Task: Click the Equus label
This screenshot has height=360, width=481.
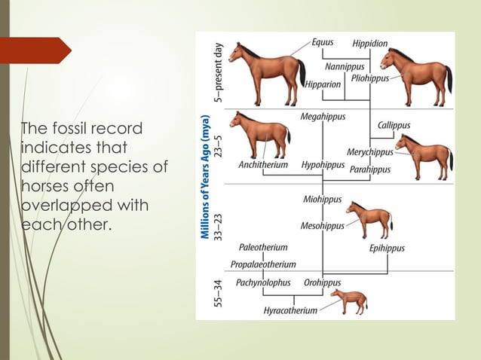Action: (x=323, y=42)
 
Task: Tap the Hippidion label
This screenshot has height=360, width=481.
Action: (x=370, y=43)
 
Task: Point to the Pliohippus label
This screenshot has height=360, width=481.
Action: (x=368, y=78)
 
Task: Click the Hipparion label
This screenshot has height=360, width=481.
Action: (x=323, y=84)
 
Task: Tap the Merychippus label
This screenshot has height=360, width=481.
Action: (x=367, y=152)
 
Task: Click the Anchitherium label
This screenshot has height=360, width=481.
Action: (x=263, y=165)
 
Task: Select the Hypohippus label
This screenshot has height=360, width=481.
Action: (x=322, y=165)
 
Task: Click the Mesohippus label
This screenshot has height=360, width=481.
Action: (x=322, y=225)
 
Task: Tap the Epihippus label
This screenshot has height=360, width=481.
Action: (x=387, y=248)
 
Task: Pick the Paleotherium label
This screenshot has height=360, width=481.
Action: (x=263, y=247)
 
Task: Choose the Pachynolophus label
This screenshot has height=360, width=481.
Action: (x=263, y=282)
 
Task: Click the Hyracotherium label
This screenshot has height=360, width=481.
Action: (x=290, y=311)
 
